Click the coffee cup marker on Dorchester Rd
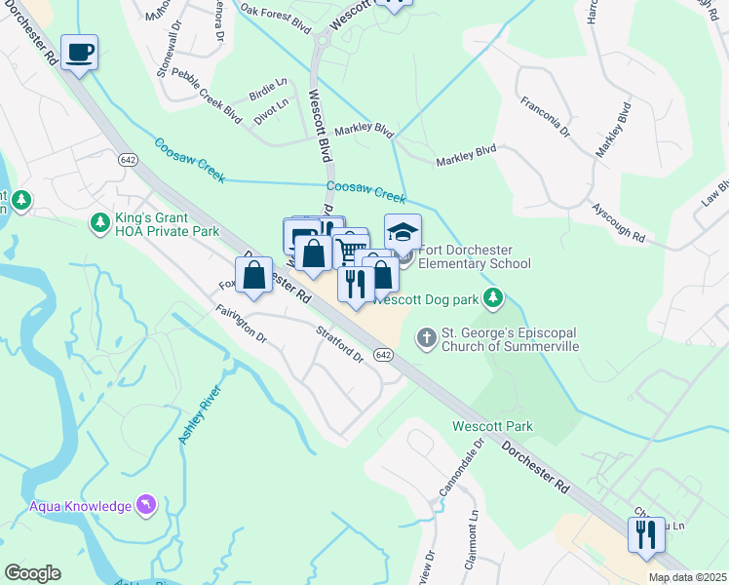(x=79, y=52)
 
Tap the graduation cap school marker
(x=403, y=232)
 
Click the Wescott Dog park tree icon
(x=495, y=295)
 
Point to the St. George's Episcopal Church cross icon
(x=426, y=336)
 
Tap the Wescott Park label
(x=492, y=426)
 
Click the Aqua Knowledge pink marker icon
(x=145, y=504)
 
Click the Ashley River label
(x=200, y=415)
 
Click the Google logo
(x=32, y=572)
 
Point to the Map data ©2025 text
(x=687, y=577)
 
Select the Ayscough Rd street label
(x=619, y=223)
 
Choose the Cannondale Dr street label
(x=465, y=469)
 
